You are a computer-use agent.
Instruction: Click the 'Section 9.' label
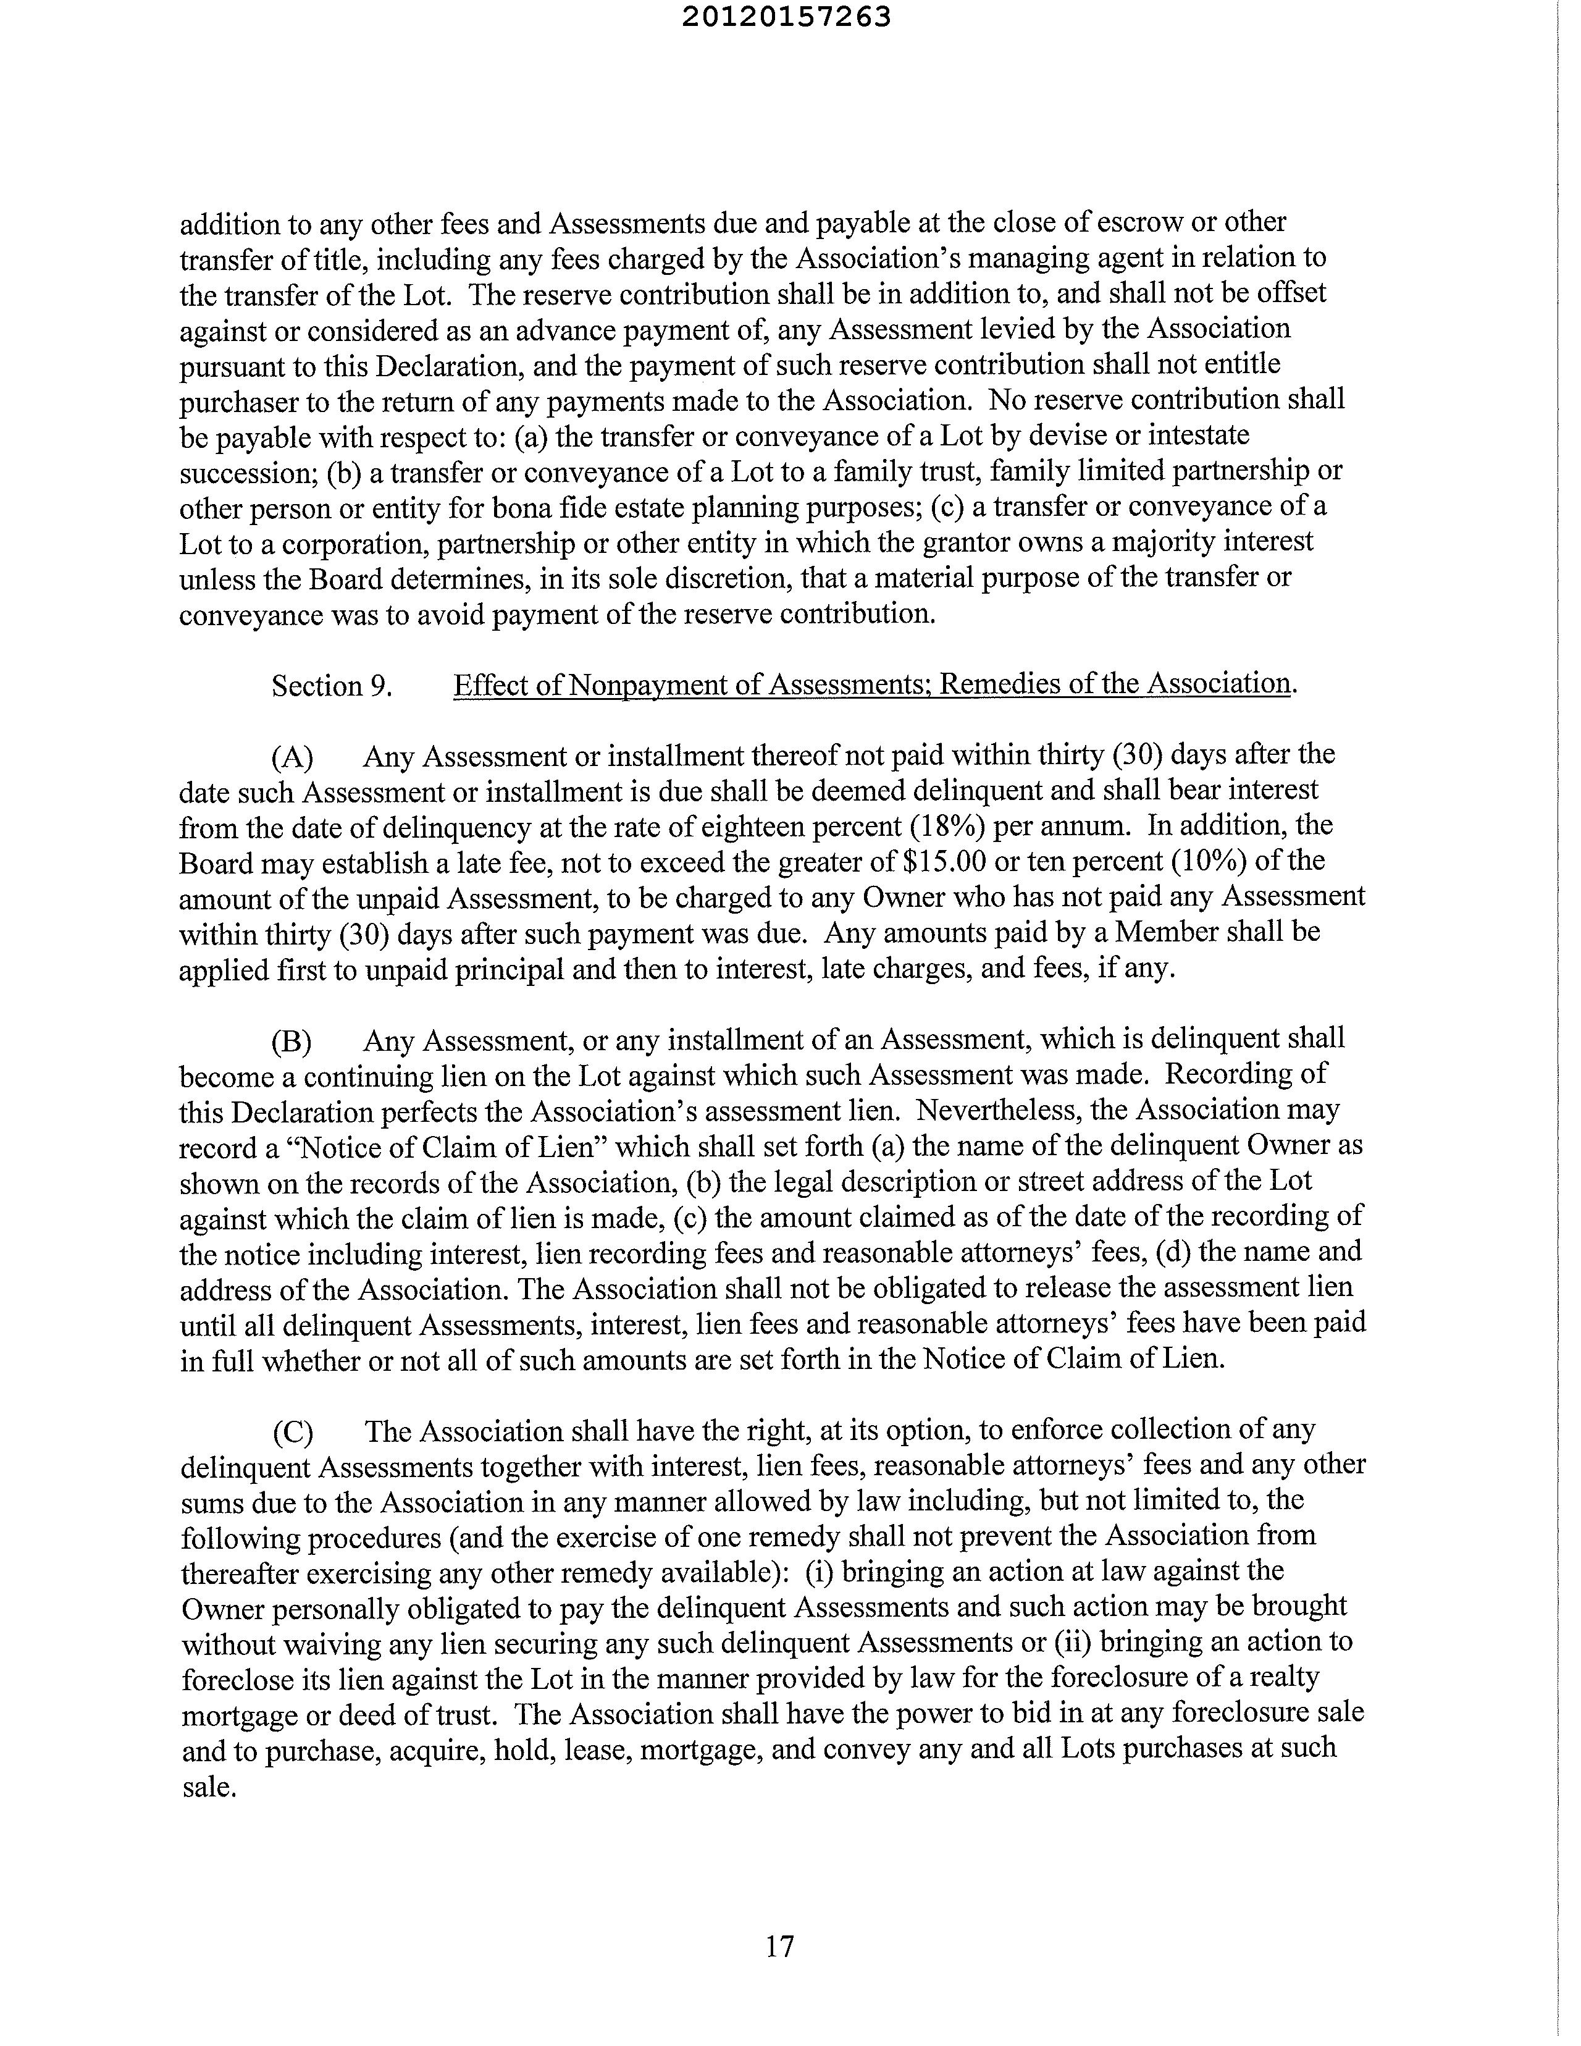pos(330,687)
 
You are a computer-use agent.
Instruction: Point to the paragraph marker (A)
pos(292,756)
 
